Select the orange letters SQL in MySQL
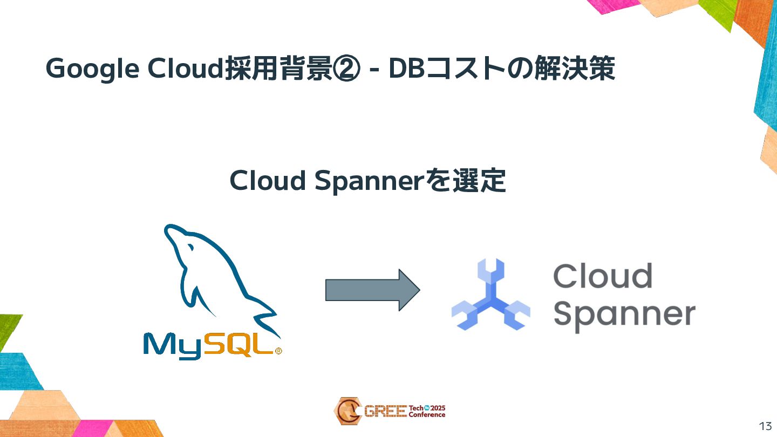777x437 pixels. coord(238,344)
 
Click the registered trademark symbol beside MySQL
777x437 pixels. coord(278,351)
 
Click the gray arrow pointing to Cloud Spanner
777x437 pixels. coord(372,290)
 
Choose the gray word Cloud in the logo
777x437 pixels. coord(602,276)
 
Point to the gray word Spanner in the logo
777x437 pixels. coord(624,315)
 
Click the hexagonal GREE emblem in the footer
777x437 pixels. coord(347,411)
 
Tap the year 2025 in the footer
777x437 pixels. coord(438,408)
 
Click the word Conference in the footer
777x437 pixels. coord(427,415)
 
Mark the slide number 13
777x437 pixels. coord(765,426)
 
